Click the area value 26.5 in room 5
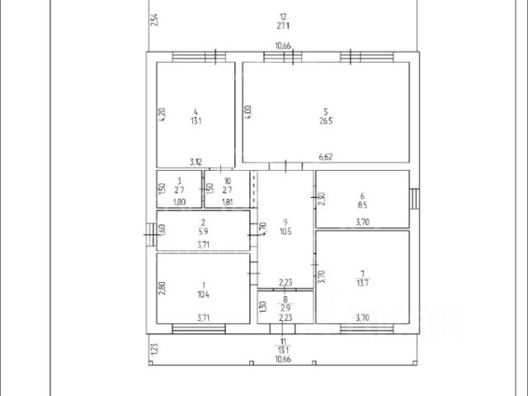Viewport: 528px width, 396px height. click(325, 120)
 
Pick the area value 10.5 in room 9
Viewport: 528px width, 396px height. click(285, 231)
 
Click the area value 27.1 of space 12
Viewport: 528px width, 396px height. click(284, 26)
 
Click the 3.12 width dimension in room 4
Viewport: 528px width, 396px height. click(196, 162)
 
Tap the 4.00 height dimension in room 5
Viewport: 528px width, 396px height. click(247, 111)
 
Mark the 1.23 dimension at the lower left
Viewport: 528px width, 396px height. click(153, 351)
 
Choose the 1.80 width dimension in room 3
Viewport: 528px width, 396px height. click(179, 200)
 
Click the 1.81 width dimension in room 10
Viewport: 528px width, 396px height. click(228, 200)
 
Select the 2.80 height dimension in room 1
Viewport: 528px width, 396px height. click(162, 290)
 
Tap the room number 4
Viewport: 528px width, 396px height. click(196, 111)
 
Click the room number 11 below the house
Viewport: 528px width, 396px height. click(284, 341)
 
